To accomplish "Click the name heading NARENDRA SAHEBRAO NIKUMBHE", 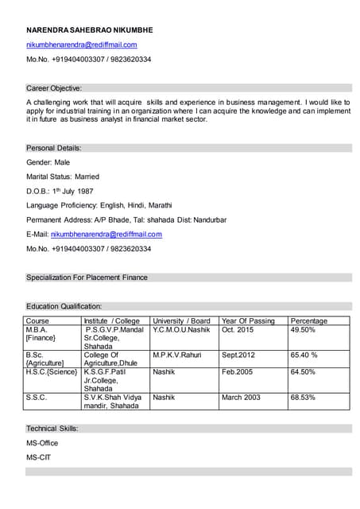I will click(89, 30).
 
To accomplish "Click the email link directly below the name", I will click(81, 45).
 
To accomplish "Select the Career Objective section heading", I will click(54, 87).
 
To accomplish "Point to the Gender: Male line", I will click(48, 162).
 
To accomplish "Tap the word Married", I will click(87, 177).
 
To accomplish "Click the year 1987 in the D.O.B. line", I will click(85, 192).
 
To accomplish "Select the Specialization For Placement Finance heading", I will click(87, 278).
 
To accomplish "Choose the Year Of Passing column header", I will click(248, 321).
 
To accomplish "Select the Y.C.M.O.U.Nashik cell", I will click(181, 330).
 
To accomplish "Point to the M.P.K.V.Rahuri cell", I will click(177, 355).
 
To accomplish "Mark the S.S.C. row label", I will click(36, 397).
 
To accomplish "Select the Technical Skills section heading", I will click(52, 428).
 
